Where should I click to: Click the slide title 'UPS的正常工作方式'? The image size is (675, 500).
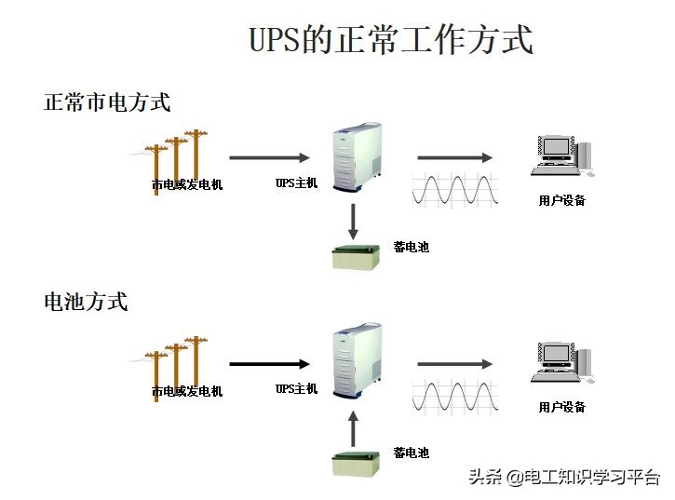391,41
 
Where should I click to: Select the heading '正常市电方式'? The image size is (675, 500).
107,102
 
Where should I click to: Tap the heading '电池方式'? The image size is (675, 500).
86,302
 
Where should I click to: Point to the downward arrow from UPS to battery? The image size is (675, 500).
353,221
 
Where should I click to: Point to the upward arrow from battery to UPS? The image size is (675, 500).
353,428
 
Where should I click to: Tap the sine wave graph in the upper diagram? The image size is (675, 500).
455,189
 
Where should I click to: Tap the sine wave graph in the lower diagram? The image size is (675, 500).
455,396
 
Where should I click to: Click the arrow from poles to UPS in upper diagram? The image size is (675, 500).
269,157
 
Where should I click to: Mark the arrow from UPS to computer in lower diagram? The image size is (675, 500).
454,364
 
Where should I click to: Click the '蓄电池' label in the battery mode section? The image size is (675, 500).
411,453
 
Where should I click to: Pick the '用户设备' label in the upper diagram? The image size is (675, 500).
561,200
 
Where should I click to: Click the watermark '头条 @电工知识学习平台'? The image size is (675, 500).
563,478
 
